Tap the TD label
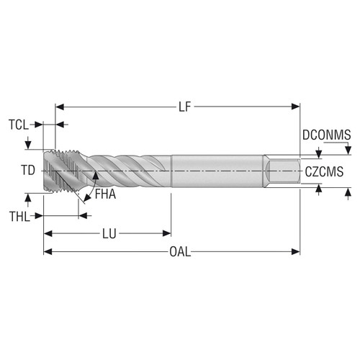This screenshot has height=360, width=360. [x=27, y=171]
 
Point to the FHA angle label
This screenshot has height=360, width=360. [x=105, y=194]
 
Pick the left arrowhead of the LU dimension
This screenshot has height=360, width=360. [x=48, y=233]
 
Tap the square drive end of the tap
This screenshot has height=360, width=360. [x=283, y=171]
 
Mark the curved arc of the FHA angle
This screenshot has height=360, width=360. [x=89, y=189]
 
